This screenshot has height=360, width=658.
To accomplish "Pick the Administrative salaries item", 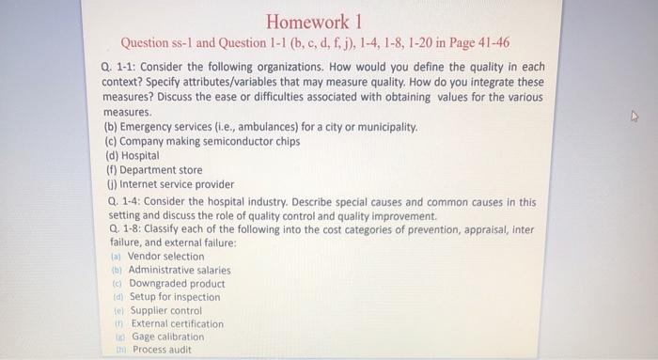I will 179,270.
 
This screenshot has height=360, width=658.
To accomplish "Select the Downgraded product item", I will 177,284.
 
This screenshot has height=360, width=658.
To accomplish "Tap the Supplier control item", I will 165,310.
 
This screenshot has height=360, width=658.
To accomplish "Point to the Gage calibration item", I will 167,337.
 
